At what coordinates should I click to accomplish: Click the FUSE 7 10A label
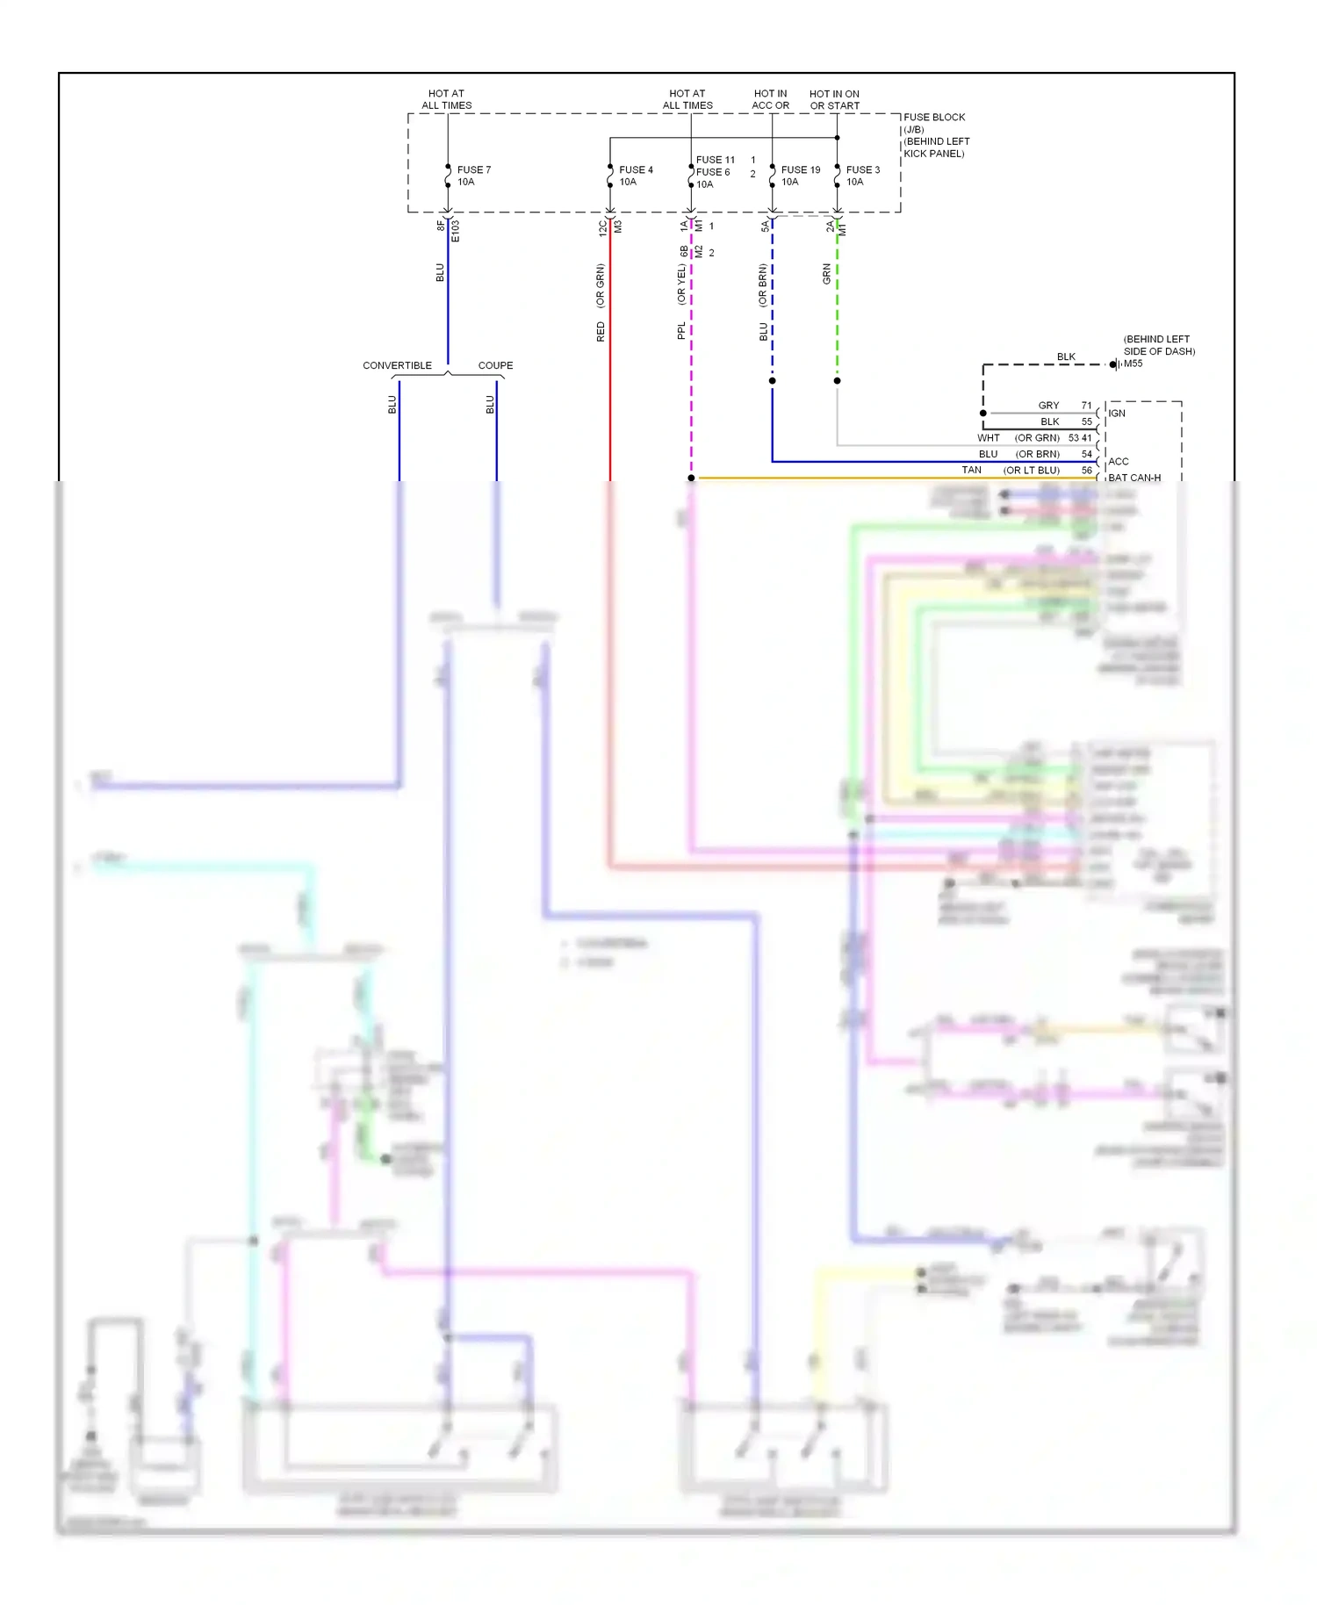[x=473, y=176]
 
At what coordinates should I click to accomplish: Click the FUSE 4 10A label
[x=635, y=176]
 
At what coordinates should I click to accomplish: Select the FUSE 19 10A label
[x=800, y=176]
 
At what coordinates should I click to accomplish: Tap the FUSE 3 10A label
[x=862, y=176]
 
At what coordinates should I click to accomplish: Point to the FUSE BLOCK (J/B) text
[x=933, y=123]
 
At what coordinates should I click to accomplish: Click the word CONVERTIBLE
[x=397, y=365]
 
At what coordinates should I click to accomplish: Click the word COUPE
[x=495, y=365]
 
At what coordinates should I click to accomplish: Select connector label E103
[x=455, y=231]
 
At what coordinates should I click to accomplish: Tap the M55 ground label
[x=1133, y=363]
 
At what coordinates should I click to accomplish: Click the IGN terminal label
[x=1116, y=414]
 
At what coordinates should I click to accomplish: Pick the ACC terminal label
[x=1118, y=462]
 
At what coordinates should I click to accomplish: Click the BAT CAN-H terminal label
[x=1133, y=478]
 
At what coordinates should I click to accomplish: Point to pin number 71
[x=1086, y=406]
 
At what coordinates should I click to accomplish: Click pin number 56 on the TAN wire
[x=1086, y=471]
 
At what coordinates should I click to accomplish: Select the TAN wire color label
[x=971, y=471]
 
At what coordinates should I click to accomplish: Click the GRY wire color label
[x=1048, y=406]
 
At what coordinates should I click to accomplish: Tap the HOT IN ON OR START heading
[x=834, y=99]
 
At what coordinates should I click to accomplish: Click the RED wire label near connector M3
[x=601, y=331]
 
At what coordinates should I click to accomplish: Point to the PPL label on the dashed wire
[x=681, y=331]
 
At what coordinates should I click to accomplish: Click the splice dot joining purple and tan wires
[x=691, y=478]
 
